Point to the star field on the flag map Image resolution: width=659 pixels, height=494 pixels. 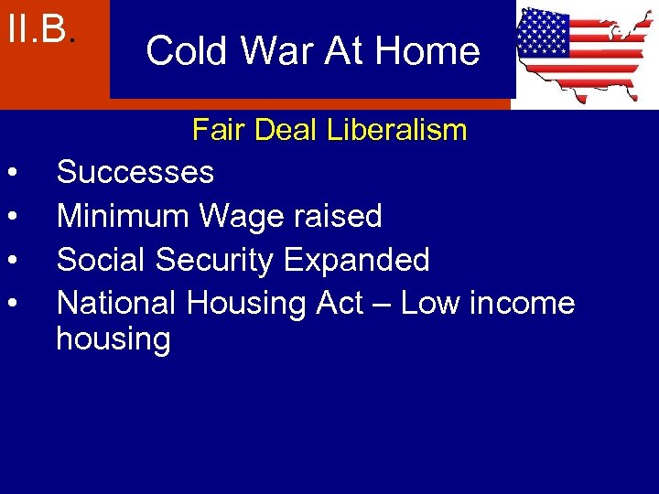544,34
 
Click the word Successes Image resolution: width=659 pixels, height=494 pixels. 135,172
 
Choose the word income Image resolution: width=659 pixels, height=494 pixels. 526,302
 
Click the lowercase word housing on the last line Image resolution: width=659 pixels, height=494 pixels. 113,340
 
